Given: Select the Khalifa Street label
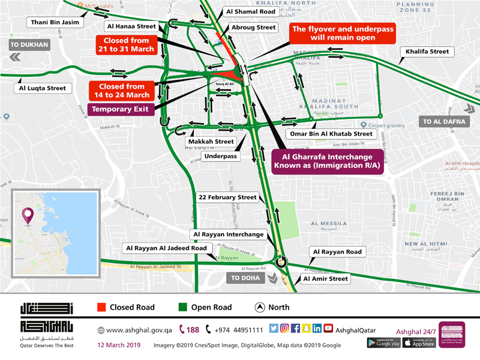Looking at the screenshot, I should [x=427, y=52].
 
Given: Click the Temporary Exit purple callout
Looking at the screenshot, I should [x=122, y=109].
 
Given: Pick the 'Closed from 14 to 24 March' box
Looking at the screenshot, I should [x=122, y=90].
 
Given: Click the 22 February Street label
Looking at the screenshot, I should [x=228, y=197].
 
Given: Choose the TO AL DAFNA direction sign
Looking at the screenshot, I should [x=444, y=122].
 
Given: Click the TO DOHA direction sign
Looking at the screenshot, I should [x=248, y=278].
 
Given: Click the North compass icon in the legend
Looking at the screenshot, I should [x=260, y=307].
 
